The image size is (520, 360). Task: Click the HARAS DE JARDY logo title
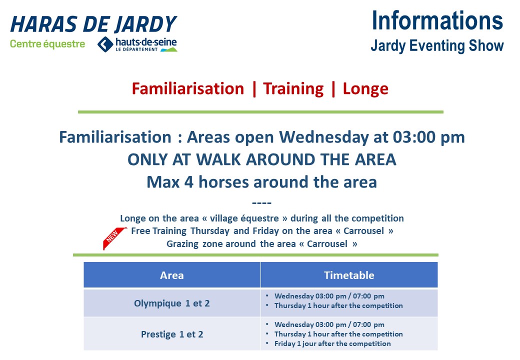tap(94, 24)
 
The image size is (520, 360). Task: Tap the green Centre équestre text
tap(47, 44)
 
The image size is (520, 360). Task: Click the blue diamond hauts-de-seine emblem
tap(105, 44)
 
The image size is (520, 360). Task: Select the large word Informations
tap(437, 20)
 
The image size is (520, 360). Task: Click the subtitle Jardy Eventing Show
tap(437, 45)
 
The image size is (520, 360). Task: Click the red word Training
tap(293, 89)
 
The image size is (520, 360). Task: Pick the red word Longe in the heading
tap(365, 89)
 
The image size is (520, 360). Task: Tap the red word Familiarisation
tap(187, 88)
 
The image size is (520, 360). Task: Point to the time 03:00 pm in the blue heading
tap(429, 137)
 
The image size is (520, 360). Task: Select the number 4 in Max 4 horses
tap(188, 182)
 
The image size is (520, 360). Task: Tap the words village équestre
tap(244, 218)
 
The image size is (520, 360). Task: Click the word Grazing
tap(182, 244)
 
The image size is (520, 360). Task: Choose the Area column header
tap(172, 275)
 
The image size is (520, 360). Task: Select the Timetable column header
tap(349, 275)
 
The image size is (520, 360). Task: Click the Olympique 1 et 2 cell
tap(172, 303)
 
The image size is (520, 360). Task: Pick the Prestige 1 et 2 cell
tap(172, 334)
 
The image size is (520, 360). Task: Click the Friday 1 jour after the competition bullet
tap(332, 344)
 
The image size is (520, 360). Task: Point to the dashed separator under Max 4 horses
tap(261, 202)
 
